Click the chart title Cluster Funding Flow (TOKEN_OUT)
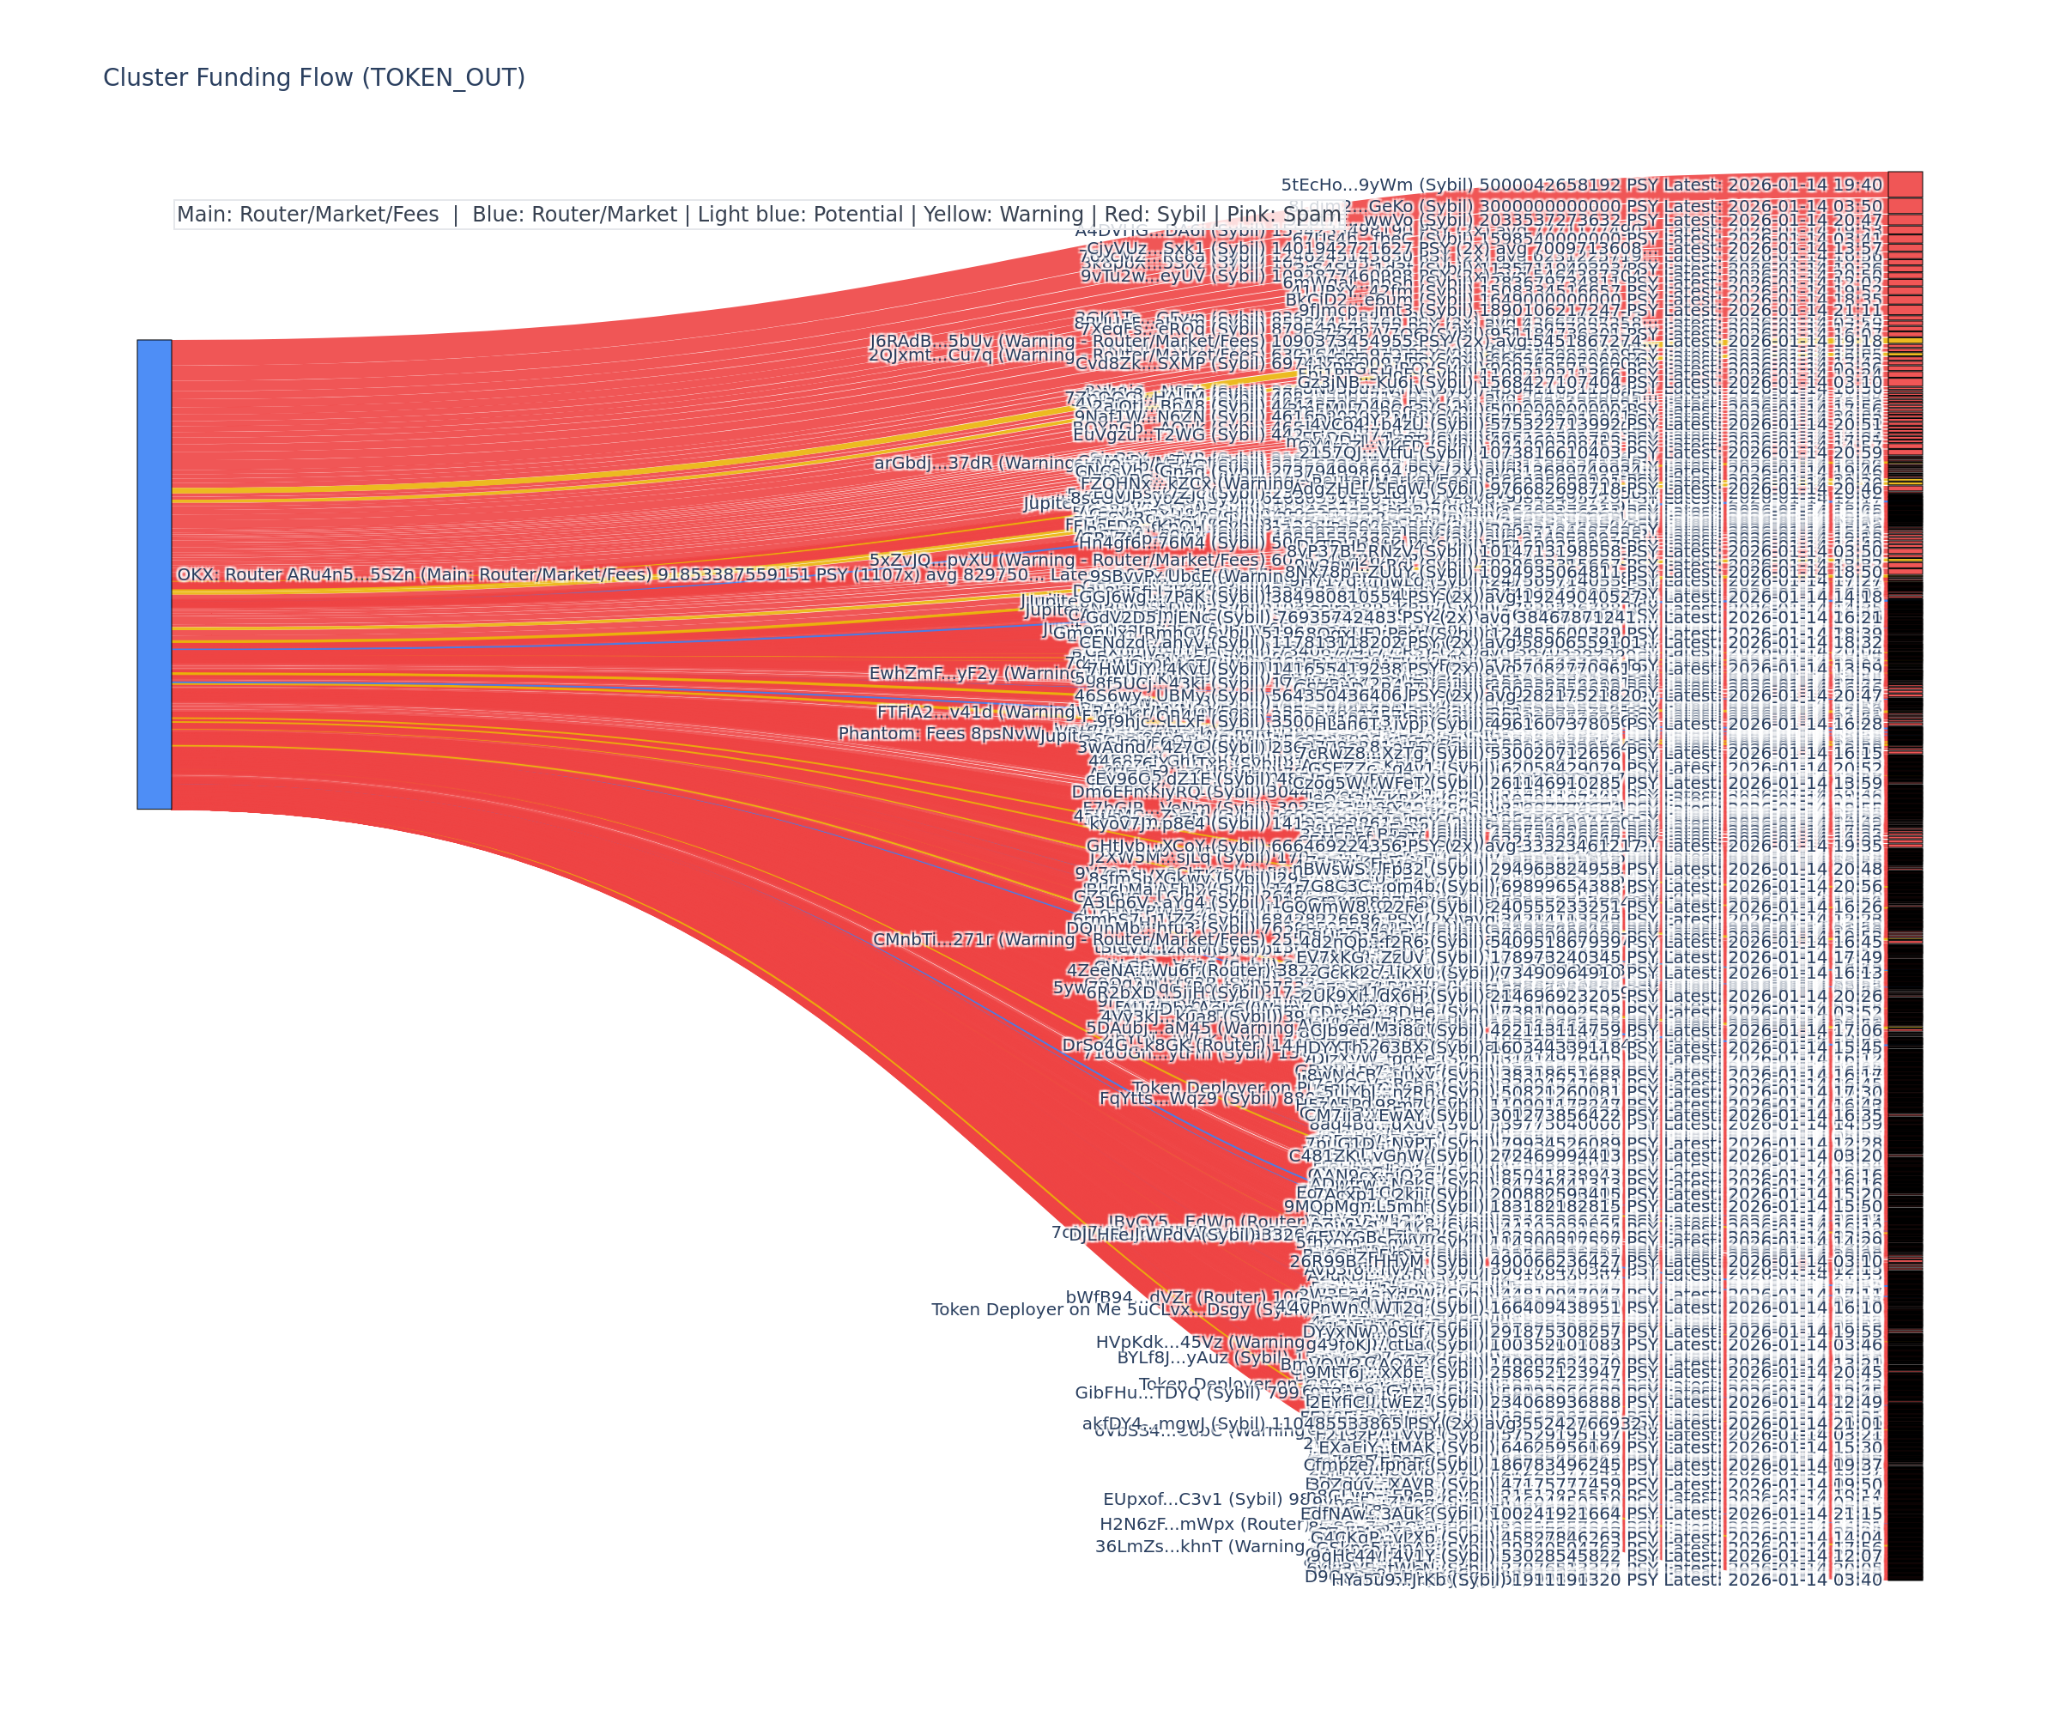[314, 77]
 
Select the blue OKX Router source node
[154, 574]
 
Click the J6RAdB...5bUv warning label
[931, 342]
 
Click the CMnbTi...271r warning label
[933, 940]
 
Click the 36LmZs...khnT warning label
[1177, 1546]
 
